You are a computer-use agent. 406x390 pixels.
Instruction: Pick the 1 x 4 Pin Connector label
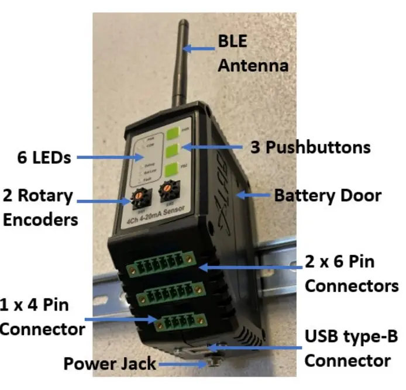42,317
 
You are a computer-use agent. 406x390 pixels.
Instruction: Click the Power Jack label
109,364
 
